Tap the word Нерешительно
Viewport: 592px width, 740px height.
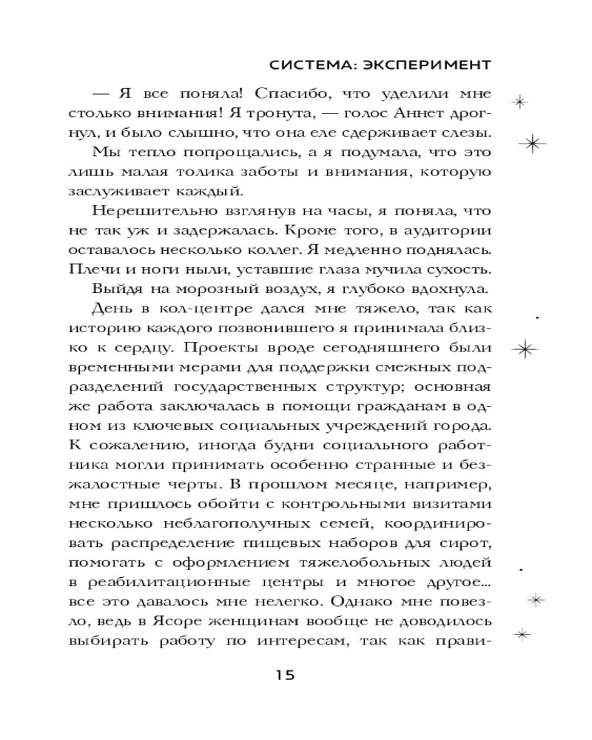152,210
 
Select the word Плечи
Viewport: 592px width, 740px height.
89,268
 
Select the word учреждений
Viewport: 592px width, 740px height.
348,422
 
